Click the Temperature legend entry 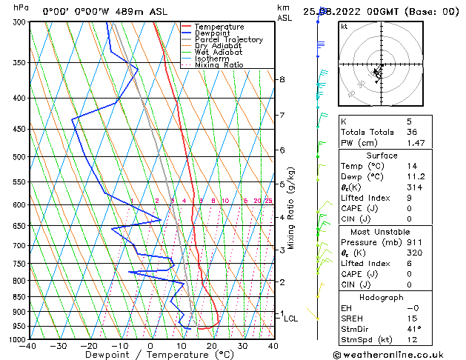pos(220,27)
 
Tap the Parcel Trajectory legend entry pos(228,40)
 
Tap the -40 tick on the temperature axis pos(28,346)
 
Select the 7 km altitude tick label pos(282,116)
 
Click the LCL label pos(291,319)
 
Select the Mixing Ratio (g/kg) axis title pos(292,207)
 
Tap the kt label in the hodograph pos(344,27)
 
